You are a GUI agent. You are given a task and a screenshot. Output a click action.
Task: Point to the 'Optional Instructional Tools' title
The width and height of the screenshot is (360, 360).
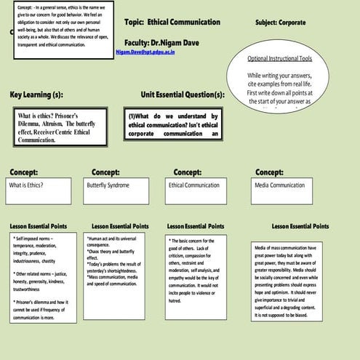coord(284,58)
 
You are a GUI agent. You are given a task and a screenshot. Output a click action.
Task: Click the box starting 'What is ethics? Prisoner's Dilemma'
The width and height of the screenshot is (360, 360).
coord(60,127)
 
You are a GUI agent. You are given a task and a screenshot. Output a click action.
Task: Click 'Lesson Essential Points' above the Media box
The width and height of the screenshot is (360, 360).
coord(300,226)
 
